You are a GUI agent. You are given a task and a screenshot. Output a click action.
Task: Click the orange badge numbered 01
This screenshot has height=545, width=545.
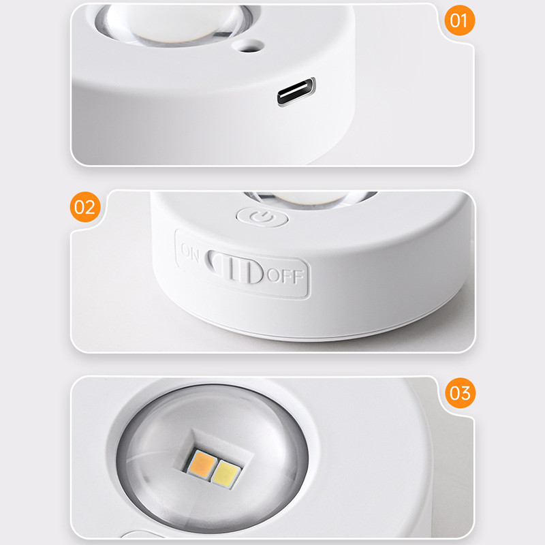pyautogui.click(x=459, y=20)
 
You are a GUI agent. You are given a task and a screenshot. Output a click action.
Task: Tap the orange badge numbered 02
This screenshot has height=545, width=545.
pyautogui.click(x=85, y=207)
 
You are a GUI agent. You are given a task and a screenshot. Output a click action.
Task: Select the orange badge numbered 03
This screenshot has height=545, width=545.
pyautogui.click(x=461, y=393)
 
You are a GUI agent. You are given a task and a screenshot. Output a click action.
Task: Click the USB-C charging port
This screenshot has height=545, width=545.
pyautogui.click(x=296, y=91)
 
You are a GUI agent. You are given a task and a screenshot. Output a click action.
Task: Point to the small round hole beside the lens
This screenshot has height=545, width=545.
pyautogui.click(x=249, y=46)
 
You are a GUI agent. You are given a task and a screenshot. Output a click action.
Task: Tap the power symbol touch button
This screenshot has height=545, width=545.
pyautogui.click(x=262, y=218)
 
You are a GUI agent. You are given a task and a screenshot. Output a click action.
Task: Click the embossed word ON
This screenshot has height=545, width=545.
pyautogui.click(x=190, y=251)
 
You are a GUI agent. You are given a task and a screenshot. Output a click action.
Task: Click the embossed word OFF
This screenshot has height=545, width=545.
pyautogui.click(x=285, y=276)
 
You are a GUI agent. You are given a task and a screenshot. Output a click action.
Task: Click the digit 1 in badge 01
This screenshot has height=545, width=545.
pyautogui.click(x=465, y=20)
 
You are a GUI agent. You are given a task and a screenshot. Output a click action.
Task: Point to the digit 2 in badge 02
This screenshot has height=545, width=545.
pyautogui.click(x=90, y=208)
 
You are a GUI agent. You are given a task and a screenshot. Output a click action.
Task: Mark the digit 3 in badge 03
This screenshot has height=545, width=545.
pyautogui.click(x=465, y=393)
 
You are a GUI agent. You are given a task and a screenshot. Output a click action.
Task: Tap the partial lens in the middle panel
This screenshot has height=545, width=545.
pyautogui.click(x=311, y=199)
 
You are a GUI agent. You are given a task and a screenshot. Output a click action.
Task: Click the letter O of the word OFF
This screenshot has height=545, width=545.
pyautogui.click(x=273, y=275)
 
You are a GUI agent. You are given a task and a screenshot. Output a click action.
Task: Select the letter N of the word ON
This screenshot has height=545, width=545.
pyautogui.click(x=195, y=254)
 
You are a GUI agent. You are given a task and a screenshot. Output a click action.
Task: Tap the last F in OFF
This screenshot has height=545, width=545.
pyautogui.click(x=298, y=277)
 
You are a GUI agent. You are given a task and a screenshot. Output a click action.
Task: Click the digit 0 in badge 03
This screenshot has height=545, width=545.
pyautogui.click(x=454, y=393)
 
